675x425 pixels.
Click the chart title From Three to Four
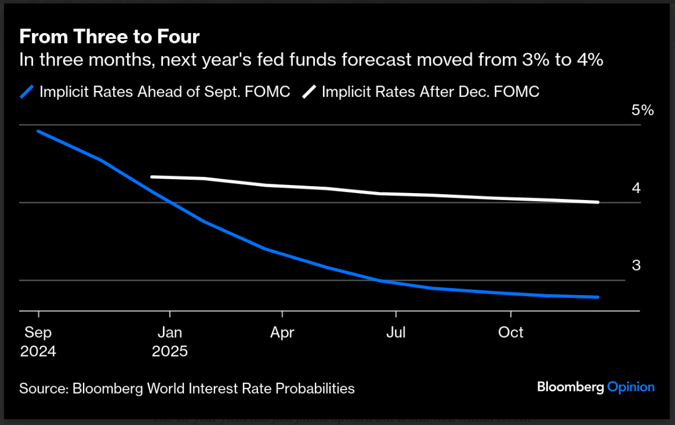[x=110, y=37]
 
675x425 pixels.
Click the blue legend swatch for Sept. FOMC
[x=28, y=92]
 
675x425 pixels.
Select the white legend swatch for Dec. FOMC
[x=310, y=92]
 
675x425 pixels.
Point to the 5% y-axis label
[x=643, y=110]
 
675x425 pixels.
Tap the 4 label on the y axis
[x=636, y=188]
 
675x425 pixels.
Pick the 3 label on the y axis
[x=636, y=266]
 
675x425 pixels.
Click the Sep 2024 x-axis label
[x=38, y=342]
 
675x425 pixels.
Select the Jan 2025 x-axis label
[x=170, y=342]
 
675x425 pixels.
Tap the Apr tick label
[x=282, y=333]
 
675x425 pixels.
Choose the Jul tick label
[x=396, y=333]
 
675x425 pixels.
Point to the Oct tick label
[x=511, y=333]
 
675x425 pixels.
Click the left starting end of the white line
[x=151, y=177]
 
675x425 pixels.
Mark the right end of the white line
[x=598, y=202]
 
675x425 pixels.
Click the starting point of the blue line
[x=38, y=131]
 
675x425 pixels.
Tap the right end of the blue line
[x=598, y=297]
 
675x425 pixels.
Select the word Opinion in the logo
[x=631, y=387]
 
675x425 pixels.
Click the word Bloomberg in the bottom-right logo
[x=570, y=387]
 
